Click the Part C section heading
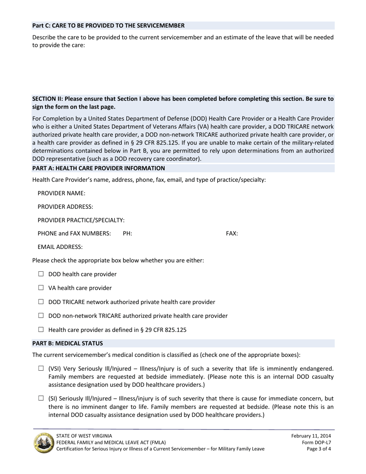click(x=108, y=25)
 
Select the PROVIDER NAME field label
click(x=61, y=193)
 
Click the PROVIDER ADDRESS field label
click(x=65, y=207)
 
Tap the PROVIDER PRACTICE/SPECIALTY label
click(x=81, y=220)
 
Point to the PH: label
click(x=127, y=234)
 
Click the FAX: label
click(x=232, y=234)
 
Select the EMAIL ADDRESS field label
click(x=60, y=247)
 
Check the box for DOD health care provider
click(x=41, y=274)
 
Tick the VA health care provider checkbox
click(x=41, y=288)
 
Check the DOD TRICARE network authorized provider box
click(x=41, y=302)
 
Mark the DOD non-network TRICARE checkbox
click(x=41, y=316)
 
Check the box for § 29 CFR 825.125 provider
click(x=41, y=329)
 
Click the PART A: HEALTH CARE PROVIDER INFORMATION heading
click(x=99, y=168)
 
